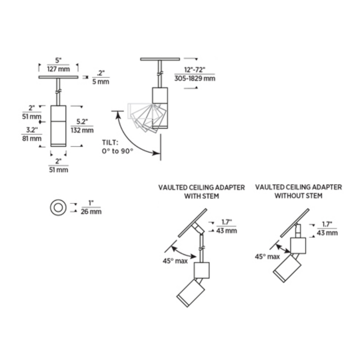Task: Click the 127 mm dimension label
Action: click(58, 70)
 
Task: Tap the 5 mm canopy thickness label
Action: click(101, 82)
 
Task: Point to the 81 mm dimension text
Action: click(31, 139)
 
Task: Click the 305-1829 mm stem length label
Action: click(194, 78)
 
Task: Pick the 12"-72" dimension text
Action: click(194, 70)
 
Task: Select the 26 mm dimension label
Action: click(92, 211)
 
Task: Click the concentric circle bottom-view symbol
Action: click(57, 207)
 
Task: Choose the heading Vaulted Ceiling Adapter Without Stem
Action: click(298, 191)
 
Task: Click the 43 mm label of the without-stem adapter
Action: click(327, 233)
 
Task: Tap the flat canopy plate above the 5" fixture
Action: click(58, 77)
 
